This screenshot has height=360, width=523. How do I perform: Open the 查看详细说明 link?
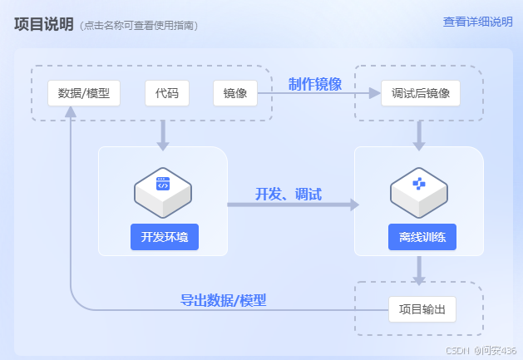coord(477,22)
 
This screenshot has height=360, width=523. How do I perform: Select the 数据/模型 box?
coord(84,93)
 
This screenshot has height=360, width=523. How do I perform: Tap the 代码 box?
coord(166,93)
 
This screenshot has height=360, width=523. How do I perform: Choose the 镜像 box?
coord(235,93)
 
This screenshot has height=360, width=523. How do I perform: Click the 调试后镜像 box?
coord(420,93)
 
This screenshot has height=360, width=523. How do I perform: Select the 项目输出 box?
coord(422,310)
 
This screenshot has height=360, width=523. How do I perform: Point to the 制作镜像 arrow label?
coord(315,84)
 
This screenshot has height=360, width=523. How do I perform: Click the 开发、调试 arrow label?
coord(288,195)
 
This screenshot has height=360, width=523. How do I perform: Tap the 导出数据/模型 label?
coord(224,300)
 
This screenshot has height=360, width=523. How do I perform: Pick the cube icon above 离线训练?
coord(419,187)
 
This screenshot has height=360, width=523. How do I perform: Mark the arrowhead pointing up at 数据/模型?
coord(71,114)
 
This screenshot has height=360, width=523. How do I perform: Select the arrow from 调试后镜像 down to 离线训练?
coord(419,135)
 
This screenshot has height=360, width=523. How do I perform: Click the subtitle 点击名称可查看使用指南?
coord(140,26)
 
